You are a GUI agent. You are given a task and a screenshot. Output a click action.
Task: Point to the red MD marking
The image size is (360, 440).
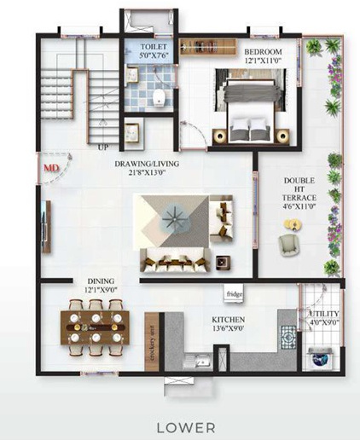click(51, 169)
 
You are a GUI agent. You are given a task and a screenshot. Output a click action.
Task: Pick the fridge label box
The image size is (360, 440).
click(235, 295)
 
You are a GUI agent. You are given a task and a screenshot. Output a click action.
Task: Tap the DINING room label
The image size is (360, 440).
click(102, 281)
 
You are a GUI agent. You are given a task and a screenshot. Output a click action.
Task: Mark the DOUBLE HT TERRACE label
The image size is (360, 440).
click(299, 193)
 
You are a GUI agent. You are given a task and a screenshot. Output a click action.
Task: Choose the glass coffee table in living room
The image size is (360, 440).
click(174, 220)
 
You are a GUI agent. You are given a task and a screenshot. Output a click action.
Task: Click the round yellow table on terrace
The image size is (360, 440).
click(293, 225)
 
